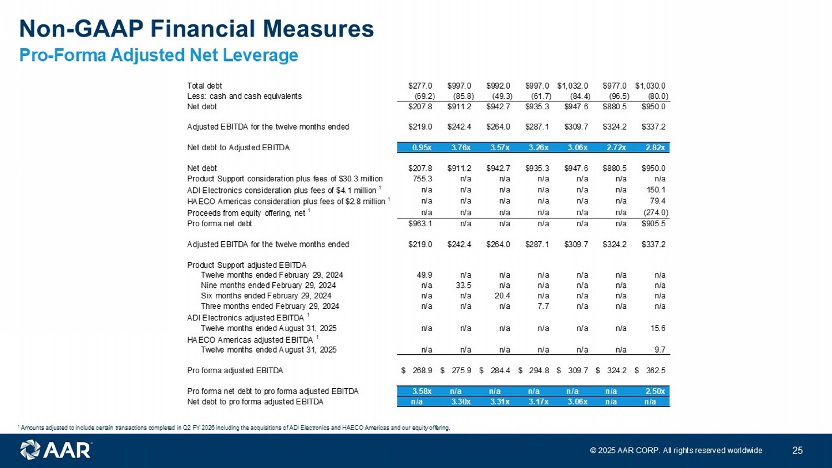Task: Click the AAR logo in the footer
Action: [56, 450]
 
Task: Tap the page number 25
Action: [798, 450]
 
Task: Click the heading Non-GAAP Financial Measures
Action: [196, 29]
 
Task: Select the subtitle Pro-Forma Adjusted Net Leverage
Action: [159, 55]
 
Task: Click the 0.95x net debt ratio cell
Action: [422, 147]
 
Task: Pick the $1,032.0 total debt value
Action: [572, 86]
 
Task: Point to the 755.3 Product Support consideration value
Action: [423, 179]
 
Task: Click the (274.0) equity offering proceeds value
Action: [656, 213]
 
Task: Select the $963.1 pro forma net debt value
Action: [420, 223]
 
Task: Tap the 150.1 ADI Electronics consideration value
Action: [656, 190]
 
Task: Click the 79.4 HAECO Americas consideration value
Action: [658, 201]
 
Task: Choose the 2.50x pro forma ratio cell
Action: [655, 391]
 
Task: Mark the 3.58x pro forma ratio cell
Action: [422, 391]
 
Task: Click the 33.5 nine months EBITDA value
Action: [463, 286]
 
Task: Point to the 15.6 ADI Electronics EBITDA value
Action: [658, 328]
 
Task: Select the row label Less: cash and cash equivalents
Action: [245, 96]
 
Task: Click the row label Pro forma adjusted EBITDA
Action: [235, 370]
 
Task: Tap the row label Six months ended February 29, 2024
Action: [266, 296]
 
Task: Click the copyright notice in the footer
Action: [676, 450]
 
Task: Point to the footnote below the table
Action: [234, 428]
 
